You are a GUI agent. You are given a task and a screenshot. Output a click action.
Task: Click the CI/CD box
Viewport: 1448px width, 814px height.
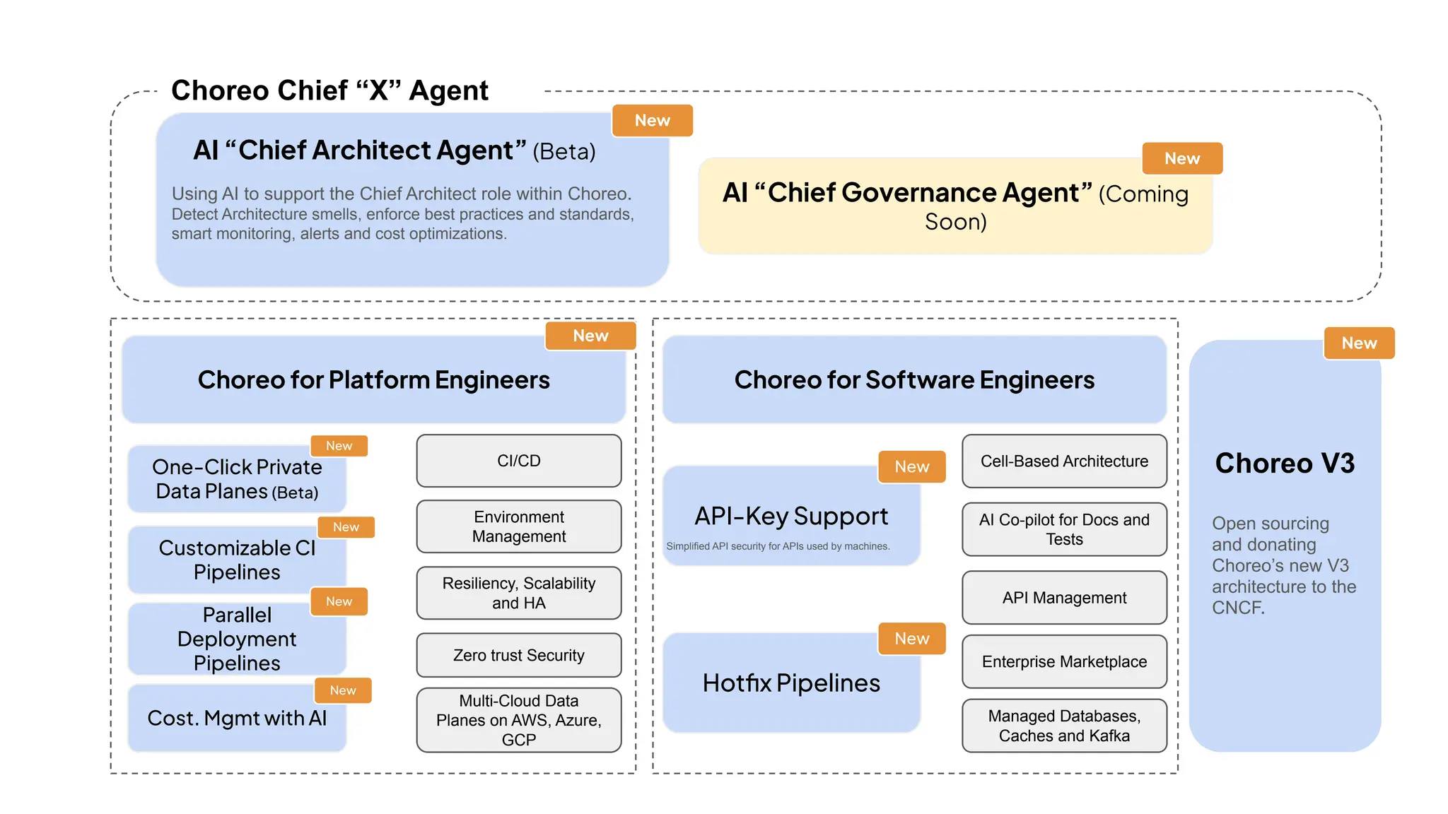click(518, 461)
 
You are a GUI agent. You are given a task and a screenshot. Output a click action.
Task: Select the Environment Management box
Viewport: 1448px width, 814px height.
click(518, 526)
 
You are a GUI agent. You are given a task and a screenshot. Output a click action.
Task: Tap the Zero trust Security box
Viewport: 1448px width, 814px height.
click(518, 655)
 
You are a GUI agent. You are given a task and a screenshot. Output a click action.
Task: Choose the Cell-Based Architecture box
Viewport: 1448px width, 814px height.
click(1064, 461)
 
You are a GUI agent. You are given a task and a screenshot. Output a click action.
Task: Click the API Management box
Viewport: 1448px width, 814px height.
click(1064, 598)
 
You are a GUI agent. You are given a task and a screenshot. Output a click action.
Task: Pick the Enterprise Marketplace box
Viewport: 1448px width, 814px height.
click(1064, 661)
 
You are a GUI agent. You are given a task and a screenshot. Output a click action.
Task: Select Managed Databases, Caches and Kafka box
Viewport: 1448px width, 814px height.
click(1064, 726)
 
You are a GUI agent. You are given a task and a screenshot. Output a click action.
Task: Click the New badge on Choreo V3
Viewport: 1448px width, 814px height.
click(1359, 343)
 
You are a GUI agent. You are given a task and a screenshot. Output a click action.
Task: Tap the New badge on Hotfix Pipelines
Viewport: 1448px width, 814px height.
click(911, 639)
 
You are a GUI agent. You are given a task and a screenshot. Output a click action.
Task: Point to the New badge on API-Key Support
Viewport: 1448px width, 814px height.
click(911, 467)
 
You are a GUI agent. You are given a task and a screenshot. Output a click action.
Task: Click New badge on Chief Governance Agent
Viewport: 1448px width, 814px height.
click(1182, 159)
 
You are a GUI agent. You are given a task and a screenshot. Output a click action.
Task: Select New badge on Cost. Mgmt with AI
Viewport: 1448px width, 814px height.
click(343, 690)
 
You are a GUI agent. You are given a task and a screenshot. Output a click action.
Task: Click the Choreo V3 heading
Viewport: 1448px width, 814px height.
click(1285, 464)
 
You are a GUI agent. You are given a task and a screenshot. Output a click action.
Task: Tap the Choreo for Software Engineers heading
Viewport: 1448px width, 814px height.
click(914, 380)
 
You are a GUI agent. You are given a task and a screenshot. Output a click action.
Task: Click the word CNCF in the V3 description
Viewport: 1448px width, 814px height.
click(1237, 608)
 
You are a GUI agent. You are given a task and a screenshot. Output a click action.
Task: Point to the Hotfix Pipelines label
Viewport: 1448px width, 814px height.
click(791, 683)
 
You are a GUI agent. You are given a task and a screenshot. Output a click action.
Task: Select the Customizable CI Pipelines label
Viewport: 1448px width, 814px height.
click(237, 560)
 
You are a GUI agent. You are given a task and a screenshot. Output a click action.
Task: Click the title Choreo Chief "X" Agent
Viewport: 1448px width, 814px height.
click(329, 90)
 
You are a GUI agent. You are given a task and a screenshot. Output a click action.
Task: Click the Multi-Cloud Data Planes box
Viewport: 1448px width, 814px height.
click(518, 720)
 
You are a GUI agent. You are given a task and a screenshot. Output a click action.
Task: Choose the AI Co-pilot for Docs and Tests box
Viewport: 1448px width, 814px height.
click(1064, 529)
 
